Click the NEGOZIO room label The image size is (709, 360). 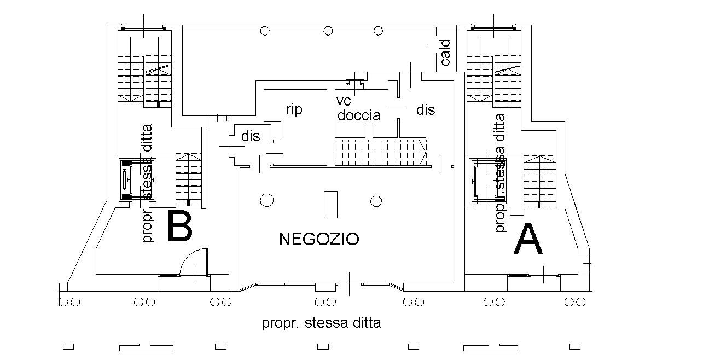pos(319,239)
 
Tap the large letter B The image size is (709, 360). pos(179,226)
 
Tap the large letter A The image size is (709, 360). pos(528,240)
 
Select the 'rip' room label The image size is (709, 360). pos(294,109)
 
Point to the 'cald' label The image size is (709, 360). pos(445,53)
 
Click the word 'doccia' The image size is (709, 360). pos(358,115)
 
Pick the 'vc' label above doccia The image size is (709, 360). pos(344,102)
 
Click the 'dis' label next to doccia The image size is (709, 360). pos(425,110)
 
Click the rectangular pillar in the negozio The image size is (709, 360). pos(330,205)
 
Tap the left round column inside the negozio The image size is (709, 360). pos(266,201)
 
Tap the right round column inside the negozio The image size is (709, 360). pos(375,201)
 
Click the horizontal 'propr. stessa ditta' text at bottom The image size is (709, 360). pos(321,323)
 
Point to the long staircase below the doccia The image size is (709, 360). pos(381,153)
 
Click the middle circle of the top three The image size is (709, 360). pos(328,31)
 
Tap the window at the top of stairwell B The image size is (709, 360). pos(143,26)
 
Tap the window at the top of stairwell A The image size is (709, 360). pos(493,26)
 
